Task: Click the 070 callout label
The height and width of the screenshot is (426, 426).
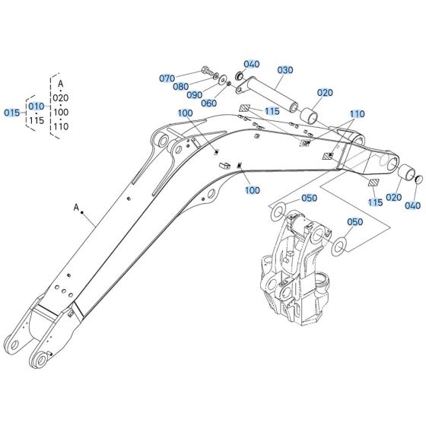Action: coord(166,78)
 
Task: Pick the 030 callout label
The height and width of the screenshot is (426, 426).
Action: coord(285,70)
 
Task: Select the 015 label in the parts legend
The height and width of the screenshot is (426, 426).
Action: coord(11,113)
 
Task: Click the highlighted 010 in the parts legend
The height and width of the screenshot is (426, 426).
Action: coord(36,106)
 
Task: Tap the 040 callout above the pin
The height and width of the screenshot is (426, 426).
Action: coord(252,64)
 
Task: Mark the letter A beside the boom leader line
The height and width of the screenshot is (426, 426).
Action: coord(76,206)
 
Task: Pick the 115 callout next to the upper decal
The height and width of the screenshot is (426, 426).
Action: coord(272,111)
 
